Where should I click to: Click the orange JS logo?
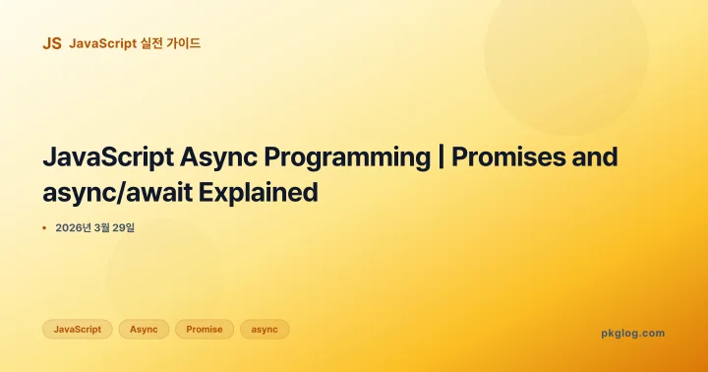point(52,43)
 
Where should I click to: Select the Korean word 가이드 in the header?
point(185,43)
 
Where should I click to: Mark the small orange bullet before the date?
point(44,228)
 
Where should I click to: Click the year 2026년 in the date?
point(75,228)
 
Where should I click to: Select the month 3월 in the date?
point(107,228)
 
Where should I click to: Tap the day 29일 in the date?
point(134,228)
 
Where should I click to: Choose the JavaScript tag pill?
point(78,330)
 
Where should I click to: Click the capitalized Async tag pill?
point(145,330)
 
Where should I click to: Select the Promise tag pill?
point(205,330)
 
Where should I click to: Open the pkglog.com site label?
point(632,334)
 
